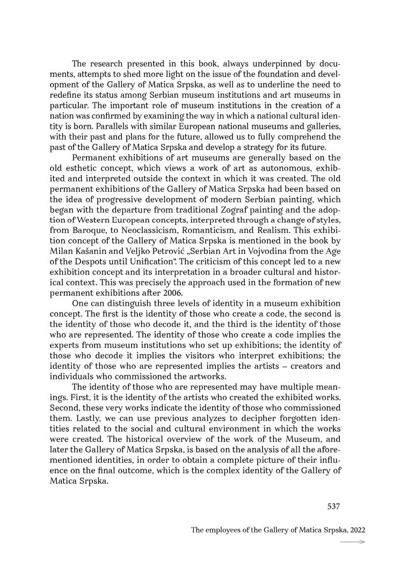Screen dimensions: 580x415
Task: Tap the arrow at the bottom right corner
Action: click(x=353, y=542)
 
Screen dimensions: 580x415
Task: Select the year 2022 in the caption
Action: click(x=356, y=529)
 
